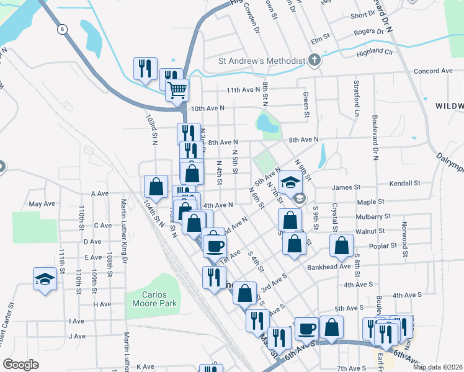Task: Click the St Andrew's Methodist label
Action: coord(262,61)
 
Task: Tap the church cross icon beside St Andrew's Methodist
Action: coord(315,61)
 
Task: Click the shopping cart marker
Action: coord(177,91)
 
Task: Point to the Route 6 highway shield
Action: coord(63,29)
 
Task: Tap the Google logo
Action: coord(20,365)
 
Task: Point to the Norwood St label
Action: coord(404,239)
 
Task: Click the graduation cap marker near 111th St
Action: coord(45,280)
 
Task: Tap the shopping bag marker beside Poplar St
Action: coord(342,246)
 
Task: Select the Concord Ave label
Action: coord(431,71)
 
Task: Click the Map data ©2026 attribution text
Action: coord(437,366)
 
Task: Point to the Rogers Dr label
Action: coord(368,32)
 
